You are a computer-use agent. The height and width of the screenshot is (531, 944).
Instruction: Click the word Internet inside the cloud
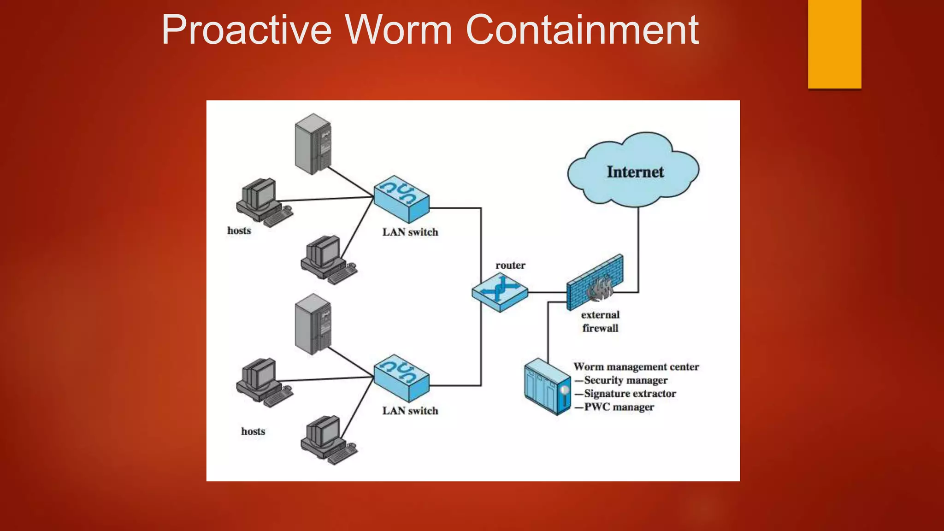click(x=635, y=172)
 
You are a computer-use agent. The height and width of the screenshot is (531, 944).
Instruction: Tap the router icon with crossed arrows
click(x=500, y=291)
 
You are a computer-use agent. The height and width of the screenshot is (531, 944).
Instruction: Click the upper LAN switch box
click(x=401, y=199)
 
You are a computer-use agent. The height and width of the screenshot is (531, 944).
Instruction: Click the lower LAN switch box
click(x=401, y=378)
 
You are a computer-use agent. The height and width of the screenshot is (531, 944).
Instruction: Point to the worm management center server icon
click(x=547, y=386)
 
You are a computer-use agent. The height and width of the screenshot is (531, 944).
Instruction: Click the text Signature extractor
click(x=630, y=394)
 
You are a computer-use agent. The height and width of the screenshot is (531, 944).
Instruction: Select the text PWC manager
click(x=619, y=407)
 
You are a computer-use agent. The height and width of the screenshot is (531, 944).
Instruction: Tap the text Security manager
click(x=625, y=380)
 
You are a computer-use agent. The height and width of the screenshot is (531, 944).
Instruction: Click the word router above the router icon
click(x=510, y=265)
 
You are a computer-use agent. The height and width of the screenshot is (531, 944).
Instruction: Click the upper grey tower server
click(x=313, y=144)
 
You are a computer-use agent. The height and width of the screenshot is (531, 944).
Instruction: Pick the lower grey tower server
click(x=313, y=324)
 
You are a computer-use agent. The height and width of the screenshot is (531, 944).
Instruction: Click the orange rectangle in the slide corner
click(x=834, y=44)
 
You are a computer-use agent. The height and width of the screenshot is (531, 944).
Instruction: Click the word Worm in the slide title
click(x=399, y=30)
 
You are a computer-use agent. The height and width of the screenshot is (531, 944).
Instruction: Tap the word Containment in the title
click(x=582, y=30)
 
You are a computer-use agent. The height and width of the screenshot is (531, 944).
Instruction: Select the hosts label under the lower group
click(x=253, y=431)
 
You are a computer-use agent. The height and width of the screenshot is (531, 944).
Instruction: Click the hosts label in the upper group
click(x=239, y=230)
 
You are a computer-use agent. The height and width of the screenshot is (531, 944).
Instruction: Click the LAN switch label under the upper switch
click(x=410, y=232)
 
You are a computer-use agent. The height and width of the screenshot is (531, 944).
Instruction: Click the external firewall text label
click(x=600, y=321)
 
